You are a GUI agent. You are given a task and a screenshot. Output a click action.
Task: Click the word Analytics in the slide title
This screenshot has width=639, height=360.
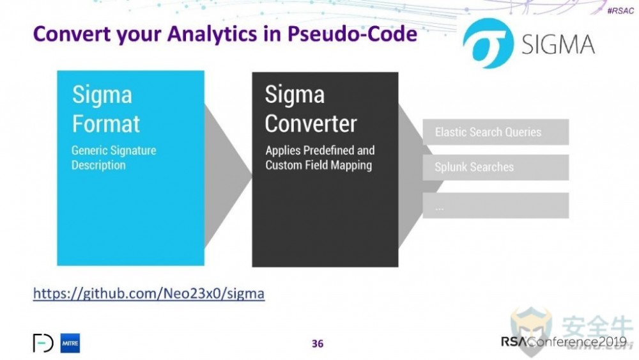click(x=212, y=35)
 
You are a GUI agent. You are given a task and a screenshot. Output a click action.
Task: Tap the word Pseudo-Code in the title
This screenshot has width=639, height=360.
click(x=352, y=33)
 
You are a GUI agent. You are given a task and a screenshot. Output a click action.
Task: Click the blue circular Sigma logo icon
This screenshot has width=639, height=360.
click(x=488, y=43)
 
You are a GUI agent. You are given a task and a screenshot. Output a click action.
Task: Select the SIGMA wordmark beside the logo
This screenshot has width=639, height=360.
click(x=558, y=44)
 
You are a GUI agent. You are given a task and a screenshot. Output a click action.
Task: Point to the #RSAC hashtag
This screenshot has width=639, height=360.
click(x=620, y=11)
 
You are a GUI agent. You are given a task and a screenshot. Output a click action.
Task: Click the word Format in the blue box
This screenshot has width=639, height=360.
click(x=106, y=124)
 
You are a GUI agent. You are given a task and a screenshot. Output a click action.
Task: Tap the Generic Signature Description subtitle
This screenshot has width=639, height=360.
click(x=114, y=158)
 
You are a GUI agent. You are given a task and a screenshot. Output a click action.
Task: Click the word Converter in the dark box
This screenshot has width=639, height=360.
click(x=311, y=123)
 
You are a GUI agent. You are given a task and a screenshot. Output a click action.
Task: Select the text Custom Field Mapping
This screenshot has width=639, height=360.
click(x=319, y=165)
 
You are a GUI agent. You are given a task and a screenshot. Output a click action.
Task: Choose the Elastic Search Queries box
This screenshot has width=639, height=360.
click(x=496, y=132)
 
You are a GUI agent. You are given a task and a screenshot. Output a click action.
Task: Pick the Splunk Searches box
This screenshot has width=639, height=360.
click(x=496, y=167)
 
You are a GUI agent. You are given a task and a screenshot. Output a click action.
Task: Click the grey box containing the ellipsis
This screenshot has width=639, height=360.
click(x=496, y=205)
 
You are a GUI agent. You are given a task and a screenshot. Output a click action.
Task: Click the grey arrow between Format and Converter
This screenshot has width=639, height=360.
click(x=228, y=176)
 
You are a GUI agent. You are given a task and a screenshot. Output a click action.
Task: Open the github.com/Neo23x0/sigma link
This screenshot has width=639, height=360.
click(x=149, y=293)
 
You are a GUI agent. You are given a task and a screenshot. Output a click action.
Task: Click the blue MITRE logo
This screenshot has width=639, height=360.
click(x=70, y=343)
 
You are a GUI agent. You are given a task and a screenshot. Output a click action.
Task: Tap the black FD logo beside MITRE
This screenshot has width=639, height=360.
click(x=43, y=343)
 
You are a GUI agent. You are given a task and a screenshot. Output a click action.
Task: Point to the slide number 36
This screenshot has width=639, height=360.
click(x=318, y=343)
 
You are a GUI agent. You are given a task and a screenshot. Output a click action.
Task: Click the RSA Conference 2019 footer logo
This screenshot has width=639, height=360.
click(x=564, y=341)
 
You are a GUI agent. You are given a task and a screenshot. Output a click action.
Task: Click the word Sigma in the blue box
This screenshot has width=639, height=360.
click(x=102, y=96)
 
